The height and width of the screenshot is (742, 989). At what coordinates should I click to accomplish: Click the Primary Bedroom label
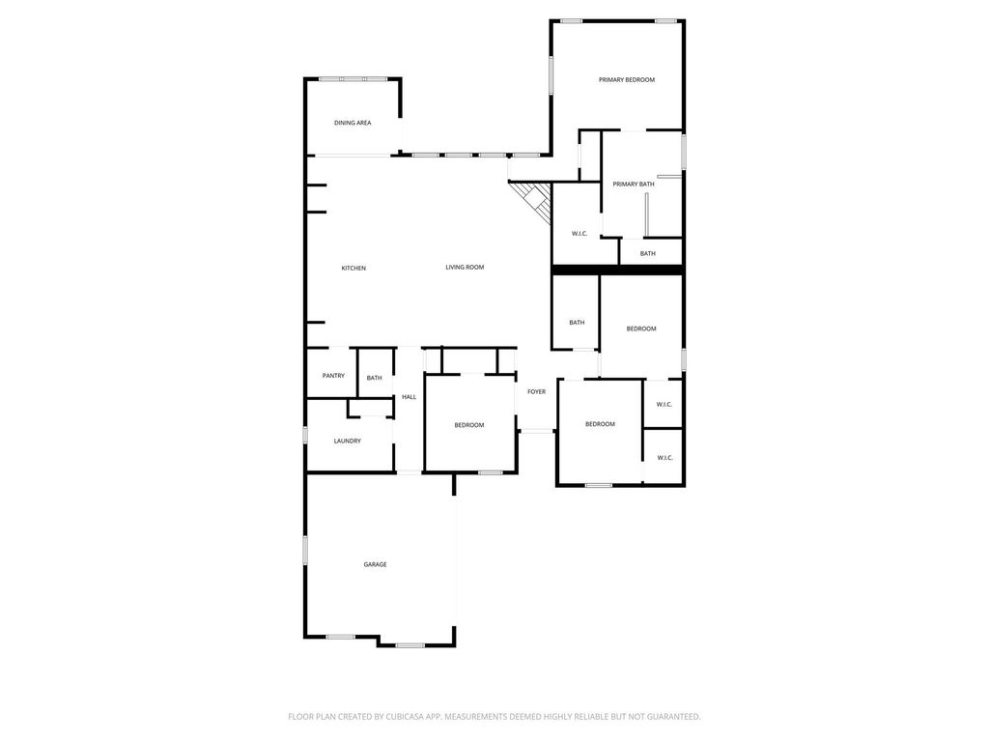[626, 80]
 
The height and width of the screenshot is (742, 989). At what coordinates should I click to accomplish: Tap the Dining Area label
[353, 123]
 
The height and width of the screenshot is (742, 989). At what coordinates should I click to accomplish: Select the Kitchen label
[353, 269]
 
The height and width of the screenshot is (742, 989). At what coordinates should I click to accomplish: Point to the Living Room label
[465, 268]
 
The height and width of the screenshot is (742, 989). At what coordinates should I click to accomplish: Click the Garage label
[376, 564]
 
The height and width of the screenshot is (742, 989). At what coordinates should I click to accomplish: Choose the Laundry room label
[348, 441]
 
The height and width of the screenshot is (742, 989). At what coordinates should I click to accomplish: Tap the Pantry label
[333, 376]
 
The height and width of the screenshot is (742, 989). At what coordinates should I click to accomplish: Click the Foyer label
[537, 392]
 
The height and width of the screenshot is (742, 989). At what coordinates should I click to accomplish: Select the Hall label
[410, 397]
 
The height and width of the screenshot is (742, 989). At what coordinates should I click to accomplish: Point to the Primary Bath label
[634, 185]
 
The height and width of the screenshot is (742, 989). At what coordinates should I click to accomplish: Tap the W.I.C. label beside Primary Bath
[579, 234]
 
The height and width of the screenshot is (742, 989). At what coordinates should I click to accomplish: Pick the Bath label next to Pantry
[375, 378]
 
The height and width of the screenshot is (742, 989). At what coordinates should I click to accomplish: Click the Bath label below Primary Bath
[648, 254]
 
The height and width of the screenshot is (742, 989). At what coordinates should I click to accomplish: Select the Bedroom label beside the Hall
[470, 425]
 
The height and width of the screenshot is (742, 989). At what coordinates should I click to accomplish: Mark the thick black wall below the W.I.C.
[617, 271]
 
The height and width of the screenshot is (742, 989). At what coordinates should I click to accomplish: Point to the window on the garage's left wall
[305, 550]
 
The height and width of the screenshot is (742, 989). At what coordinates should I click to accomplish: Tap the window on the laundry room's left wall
[305, 435]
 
